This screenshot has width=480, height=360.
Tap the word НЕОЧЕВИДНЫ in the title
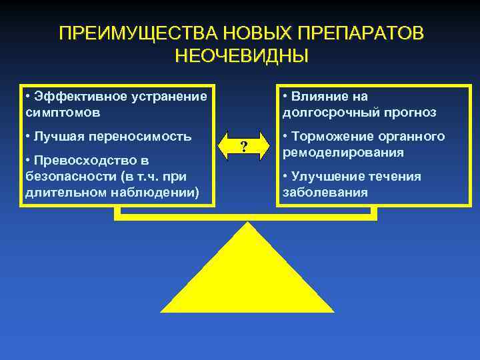click(241, 55)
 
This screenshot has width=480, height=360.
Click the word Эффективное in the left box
click(73, 96)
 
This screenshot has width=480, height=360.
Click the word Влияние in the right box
click(319, 96)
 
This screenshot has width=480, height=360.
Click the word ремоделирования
click(343, 153)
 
